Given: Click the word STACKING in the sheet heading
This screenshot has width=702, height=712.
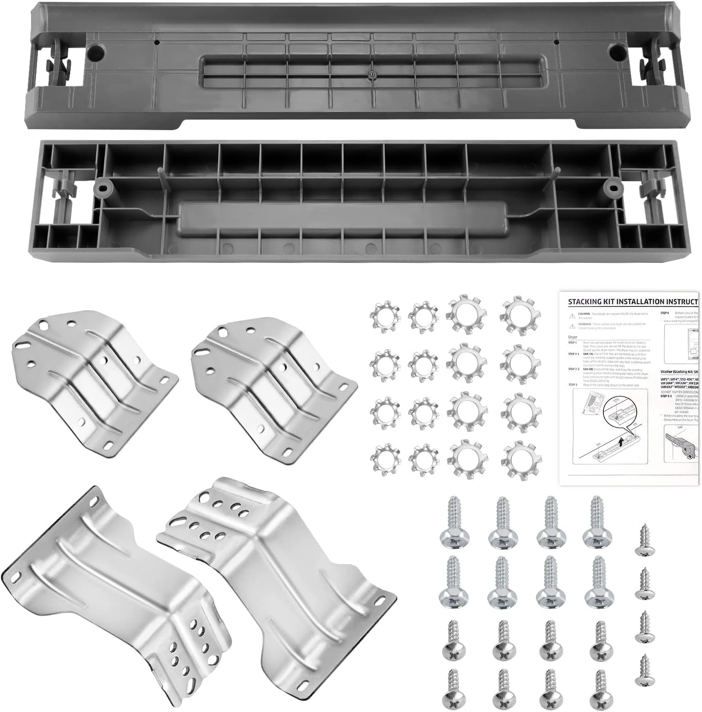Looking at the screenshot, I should click(x=588, y=302).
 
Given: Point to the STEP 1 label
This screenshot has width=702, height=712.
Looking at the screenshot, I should click(x=573, y=342).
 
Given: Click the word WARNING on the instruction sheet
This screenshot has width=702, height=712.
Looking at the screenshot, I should click(x=585, y=324).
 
